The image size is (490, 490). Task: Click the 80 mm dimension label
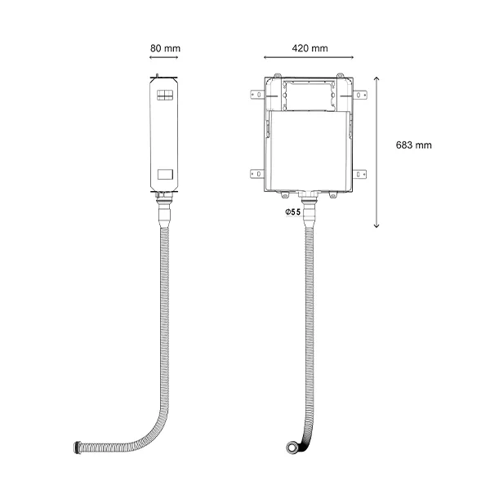click(x=165, y=48)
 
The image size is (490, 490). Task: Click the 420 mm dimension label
click(x=310, y=48)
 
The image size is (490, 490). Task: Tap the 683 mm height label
click(x=413, y=145)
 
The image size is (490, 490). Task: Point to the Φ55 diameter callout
click(x=292, y=212)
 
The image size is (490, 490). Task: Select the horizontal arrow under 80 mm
click(x=164, y=57)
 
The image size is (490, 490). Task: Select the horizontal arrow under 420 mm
click(x=309, y=57)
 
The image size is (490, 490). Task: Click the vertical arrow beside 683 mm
click(x=376, y=152)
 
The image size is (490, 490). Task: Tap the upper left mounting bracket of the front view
click(x=258, y=95)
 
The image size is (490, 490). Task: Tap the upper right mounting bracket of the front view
click(x=359, y=95)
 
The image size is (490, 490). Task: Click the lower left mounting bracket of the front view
click(x=257, y=174)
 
